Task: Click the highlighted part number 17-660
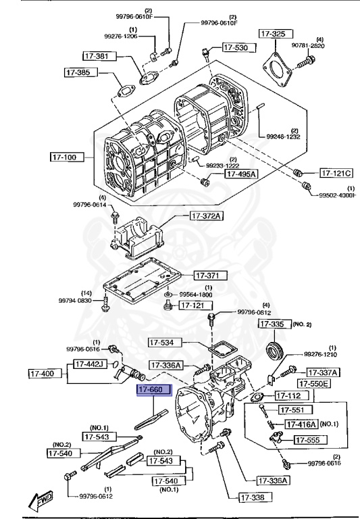tap(155, 391)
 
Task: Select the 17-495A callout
tap(241, 174)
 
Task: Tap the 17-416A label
tap(301, 424)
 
